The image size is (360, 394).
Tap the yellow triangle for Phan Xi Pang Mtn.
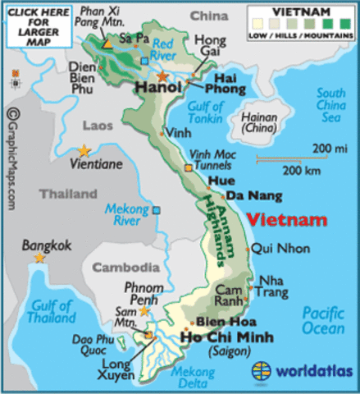click(107, 42)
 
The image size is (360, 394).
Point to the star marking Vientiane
click(84, 150)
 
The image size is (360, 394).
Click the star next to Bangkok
click(39, 258)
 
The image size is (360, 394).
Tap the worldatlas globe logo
click(262, 370)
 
